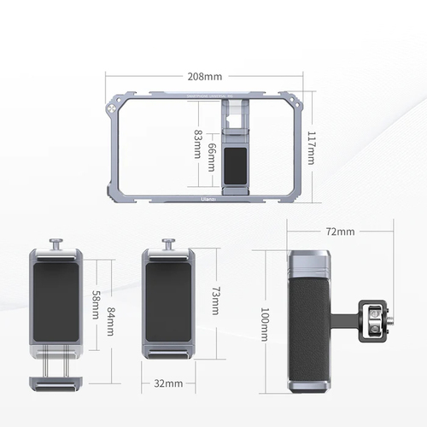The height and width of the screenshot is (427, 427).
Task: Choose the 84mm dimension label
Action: pyautogui.click(x=110, y=316)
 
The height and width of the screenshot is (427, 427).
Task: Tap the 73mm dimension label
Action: pyautogui.click(x=214, y=301)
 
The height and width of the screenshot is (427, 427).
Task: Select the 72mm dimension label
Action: pyautogui.click(x=339, y=231)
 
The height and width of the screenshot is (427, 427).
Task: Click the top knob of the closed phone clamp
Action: pyautogui.click(x=167, y=243)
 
